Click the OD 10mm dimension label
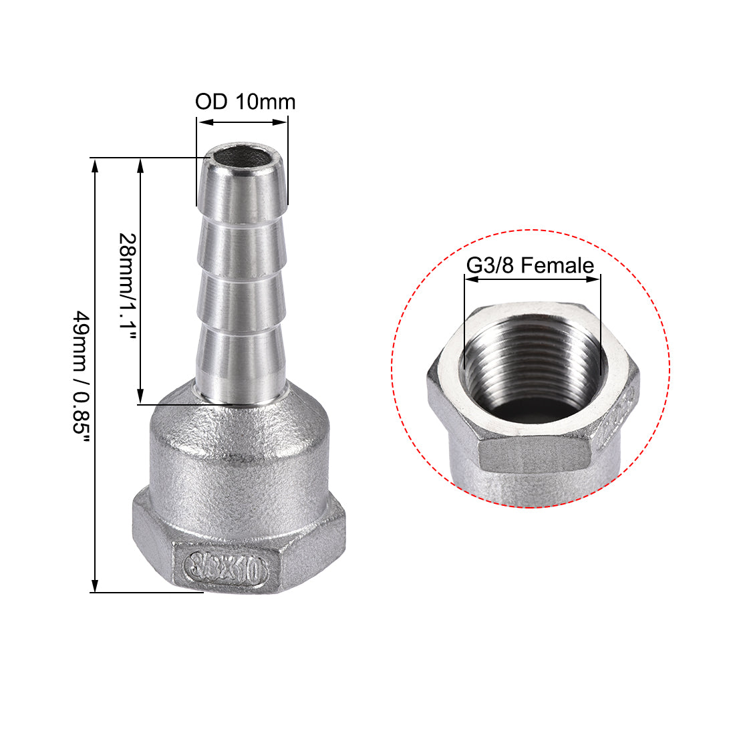pos(245,102)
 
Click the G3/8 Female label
pos(530,265)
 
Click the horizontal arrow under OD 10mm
pos(243,122)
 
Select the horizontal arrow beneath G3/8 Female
pos(532,280)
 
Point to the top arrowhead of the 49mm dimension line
pos(96,164)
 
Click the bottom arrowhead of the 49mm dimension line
pos(96,586)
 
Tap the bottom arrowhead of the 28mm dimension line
pos(140,398)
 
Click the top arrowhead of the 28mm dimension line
pos(140,164)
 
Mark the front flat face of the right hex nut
pos(535,457)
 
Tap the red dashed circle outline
pos(392,367)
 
